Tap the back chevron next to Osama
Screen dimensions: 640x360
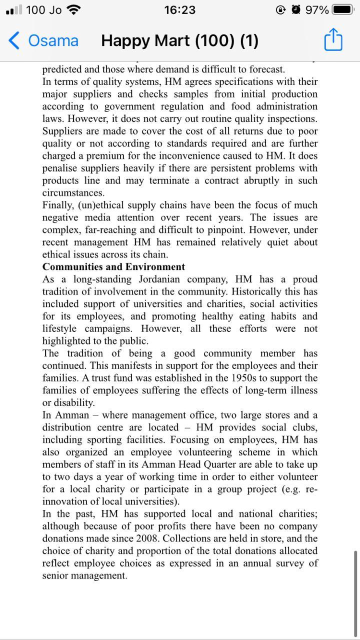click(x=14, y=40)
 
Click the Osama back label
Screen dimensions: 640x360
click(x=53, y=40)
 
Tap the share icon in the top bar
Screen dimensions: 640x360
click(x=333, y=40)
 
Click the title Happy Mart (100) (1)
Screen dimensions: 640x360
click(x=179, y=40)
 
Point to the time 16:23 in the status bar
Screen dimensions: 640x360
click(x=179, y=10)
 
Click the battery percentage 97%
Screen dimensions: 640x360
click(x=316, y=10)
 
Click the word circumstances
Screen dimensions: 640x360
click(x=73, y=193)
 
